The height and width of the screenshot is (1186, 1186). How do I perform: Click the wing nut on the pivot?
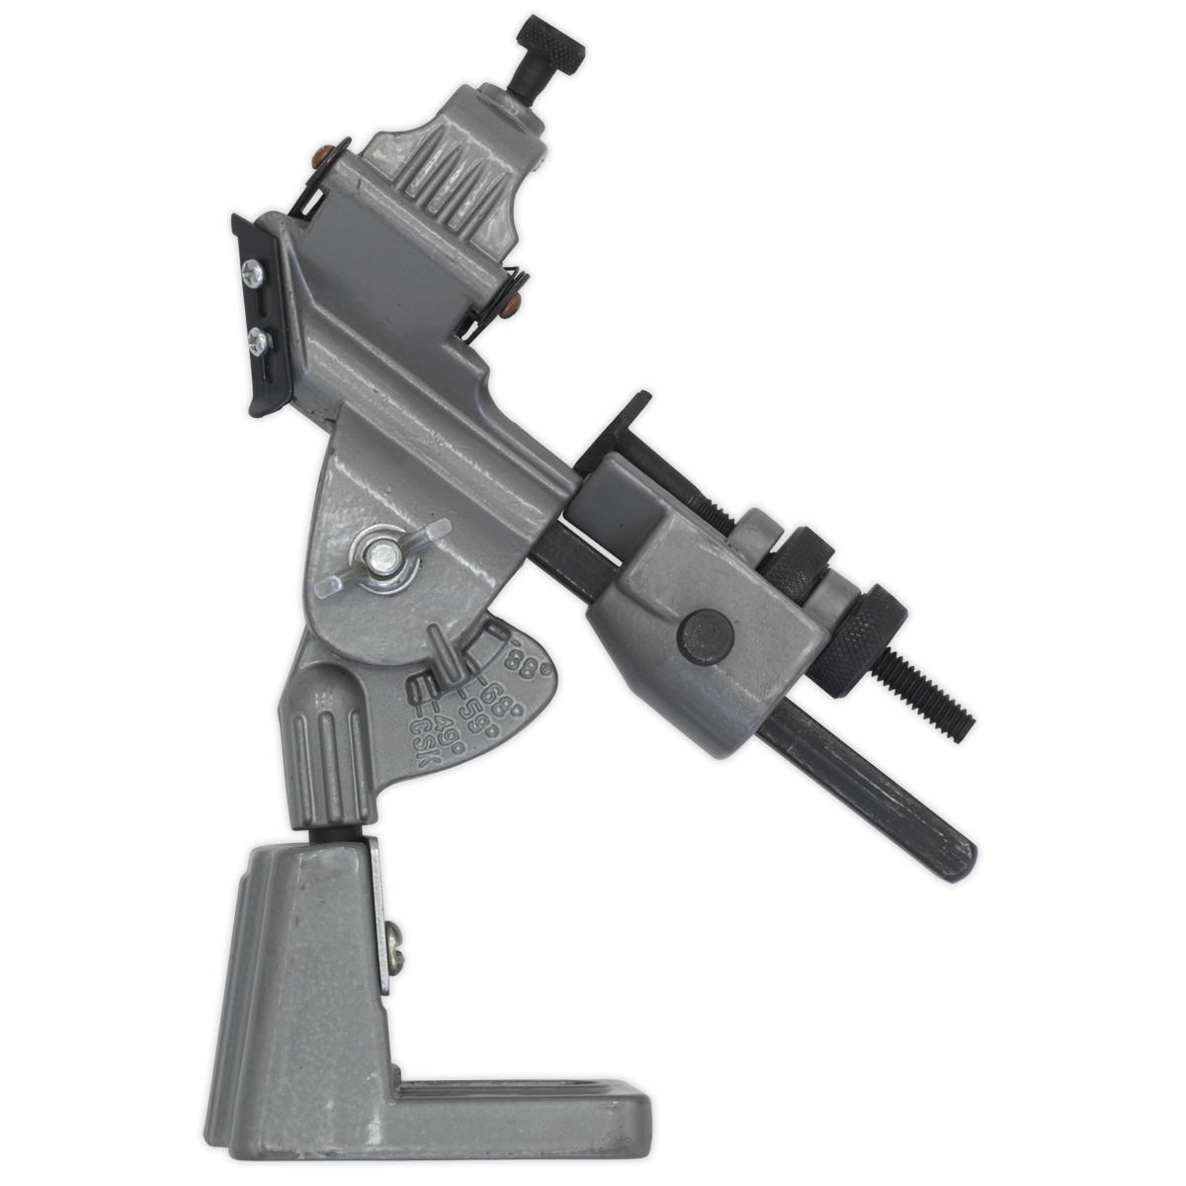click(380, 562)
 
